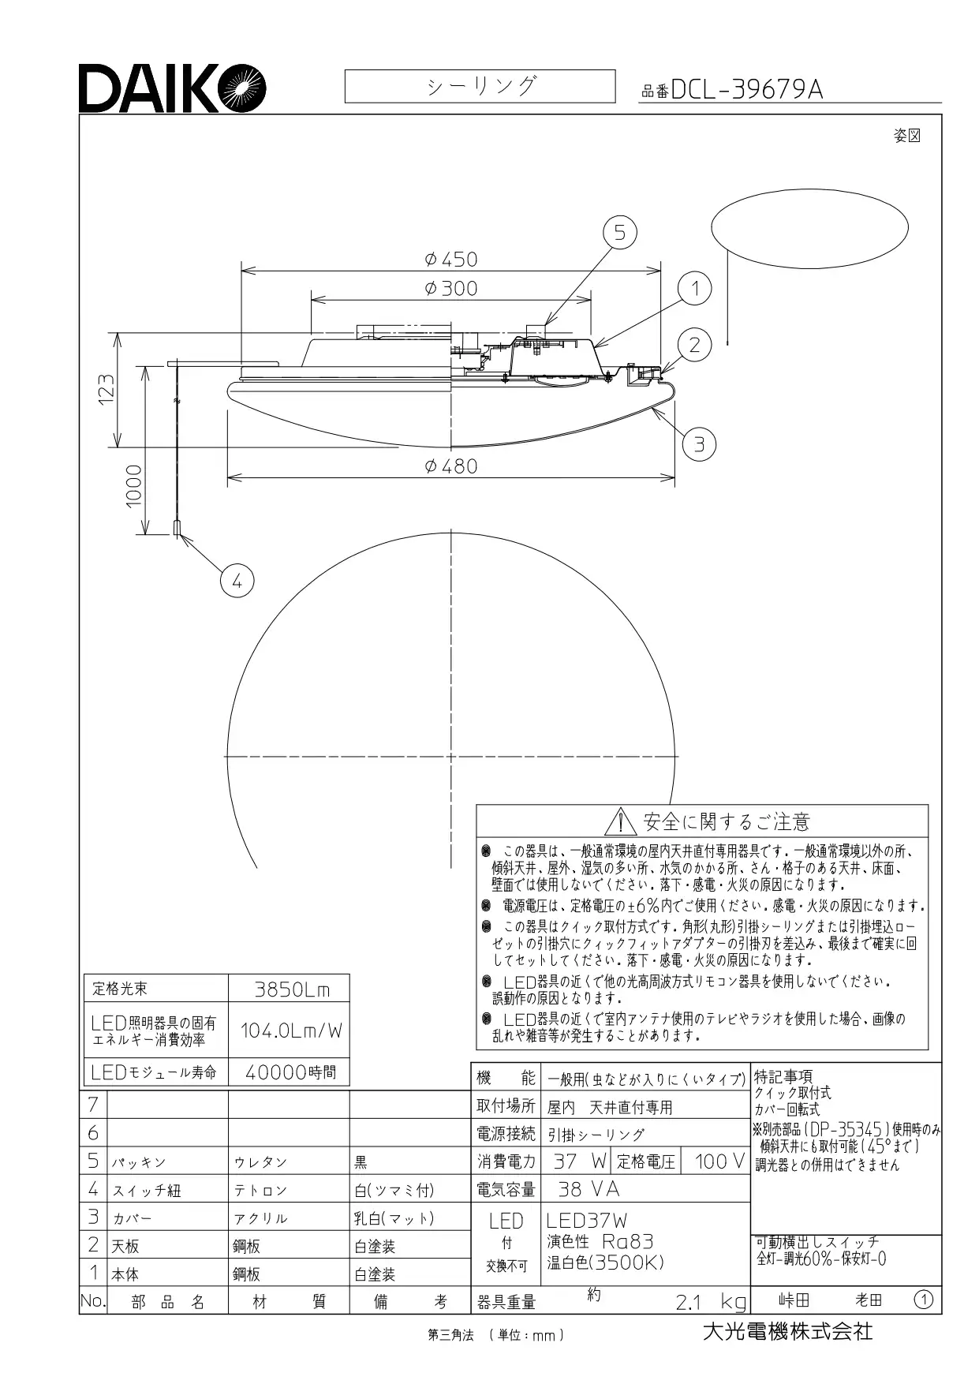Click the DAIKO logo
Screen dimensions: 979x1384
point(172,88)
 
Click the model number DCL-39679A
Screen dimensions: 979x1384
point(746,90)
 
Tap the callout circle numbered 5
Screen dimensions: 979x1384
point(619,232)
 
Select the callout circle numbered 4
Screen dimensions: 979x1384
point(237,582)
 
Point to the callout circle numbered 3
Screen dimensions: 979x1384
point(699,445)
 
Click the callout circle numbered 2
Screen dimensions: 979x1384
point(695,345)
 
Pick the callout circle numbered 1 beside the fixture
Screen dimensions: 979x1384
point(695,289)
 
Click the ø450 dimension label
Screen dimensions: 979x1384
point(450,259)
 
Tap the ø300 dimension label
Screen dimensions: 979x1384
point(450,288)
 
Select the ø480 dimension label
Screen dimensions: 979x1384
point(450,466)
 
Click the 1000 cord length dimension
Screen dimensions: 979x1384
point(133,486)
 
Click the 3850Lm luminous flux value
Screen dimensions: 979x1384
point(292,989)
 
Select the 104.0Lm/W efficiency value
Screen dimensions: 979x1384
point(292,1030)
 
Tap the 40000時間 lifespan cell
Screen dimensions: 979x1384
point(290,1072)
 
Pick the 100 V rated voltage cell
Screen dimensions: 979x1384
point(719,1161)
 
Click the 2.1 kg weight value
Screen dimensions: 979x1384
point(710,1301)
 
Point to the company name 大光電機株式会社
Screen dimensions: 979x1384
point(787,1332)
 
